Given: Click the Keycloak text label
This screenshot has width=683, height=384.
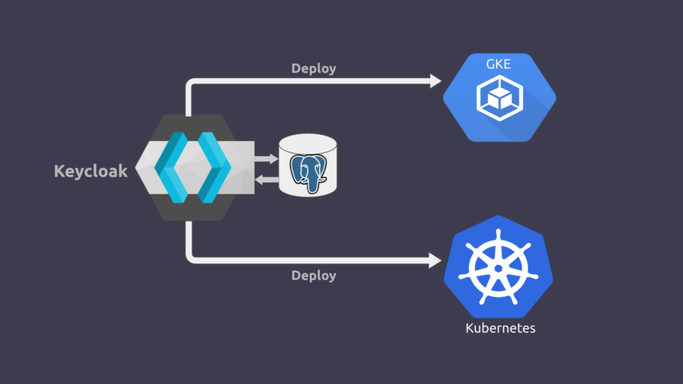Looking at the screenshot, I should click(91, 172).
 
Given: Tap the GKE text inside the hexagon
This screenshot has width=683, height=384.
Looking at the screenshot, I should click(499, 64).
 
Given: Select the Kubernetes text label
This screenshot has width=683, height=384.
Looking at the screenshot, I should click(500, 328).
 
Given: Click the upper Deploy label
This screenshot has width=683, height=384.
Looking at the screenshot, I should click(313, 68).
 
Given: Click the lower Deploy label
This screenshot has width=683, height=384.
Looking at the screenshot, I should click(313, 275).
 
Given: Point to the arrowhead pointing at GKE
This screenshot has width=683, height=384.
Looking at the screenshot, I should click(435, 81).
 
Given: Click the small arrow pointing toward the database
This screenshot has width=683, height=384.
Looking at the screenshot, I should click(267, 159).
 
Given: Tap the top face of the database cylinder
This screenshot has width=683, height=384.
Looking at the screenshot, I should click(307, 143).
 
